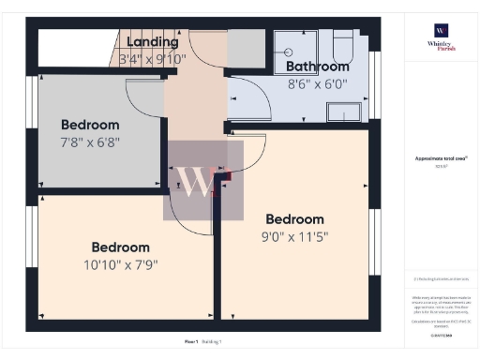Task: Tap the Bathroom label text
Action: tap(318, 67)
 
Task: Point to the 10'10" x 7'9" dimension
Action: tap(121, 264)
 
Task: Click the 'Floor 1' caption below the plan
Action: tap(190, 341)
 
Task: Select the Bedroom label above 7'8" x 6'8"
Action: tap(90, 125)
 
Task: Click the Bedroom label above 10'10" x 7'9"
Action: tap(121, 247)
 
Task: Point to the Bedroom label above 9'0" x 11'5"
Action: tap(294, 219)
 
